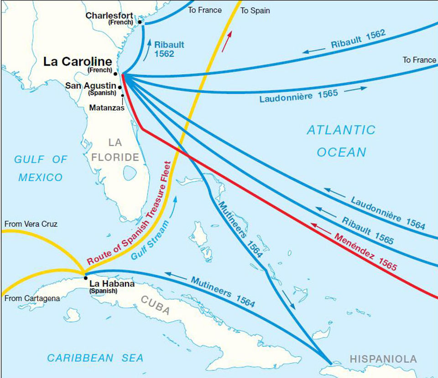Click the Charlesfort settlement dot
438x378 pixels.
[x=140, y=22]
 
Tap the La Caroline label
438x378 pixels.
[x=78, y=62]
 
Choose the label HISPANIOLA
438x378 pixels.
[x=383, y=359]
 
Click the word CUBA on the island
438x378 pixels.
[x=155, y=312]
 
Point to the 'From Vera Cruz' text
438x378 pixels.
[x=31, y=224]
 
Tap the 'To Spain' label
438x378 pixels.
[x=255, y=10]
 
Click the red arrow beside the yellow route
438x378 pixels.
[x=227, y=41]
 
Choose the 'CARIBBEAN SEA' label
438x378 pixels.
[x=95, y=358]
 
